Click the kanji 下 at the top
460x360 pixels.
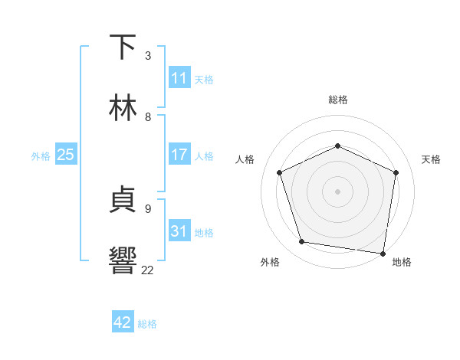pyautogui.click(x=123, y=47)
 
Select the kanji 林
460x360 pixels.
pyautogui.click(x=123, y=108)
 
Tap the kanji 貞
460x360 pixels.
pyautogui.click(x=123, y=200)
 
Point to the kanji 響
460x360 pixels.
pyautogui.click(x=123, y=260)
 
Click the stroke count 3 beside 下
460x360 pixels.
pyautogui.click(x=148, y=56)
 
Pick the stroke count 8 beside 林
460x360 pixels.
pyautogui.click(x=148, y=116)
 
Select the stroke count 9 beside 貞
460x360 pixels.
pyautogui.click(x=148, y=208)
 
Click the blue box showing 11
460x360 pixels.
pyautogui.click(x=179, y=78)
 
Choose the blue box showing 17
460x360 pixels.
pyautogui.click(x=179, y=155)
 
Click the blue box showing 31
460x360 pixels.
pyautogui.click(x=179, y=231)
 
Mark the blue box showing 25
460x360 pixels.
pyautogui.click(x=66, y=155)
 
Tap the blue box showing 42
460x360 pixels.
pyautogui.click(x=123, y=322)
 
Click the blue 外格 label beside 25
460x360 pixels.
pyautogui.click(x=41, y=156)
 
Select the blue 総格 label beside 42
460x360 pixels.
pyautogui.click(x=147, y=324)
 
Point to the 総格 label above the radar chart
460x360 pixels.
pyautogui.click(x=337, y=100)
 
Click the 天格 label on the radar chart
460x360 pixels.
pyautogui.click(x=431, y=159)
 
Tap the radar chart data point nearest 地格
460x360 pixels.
pyautogui.click(x=383, y=253)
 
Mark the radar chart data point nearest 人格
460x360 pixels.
pyautogui.click(x=280, y=172)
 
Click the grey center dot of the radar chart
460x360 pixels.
pyautogui.click(x=337, y=191)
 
